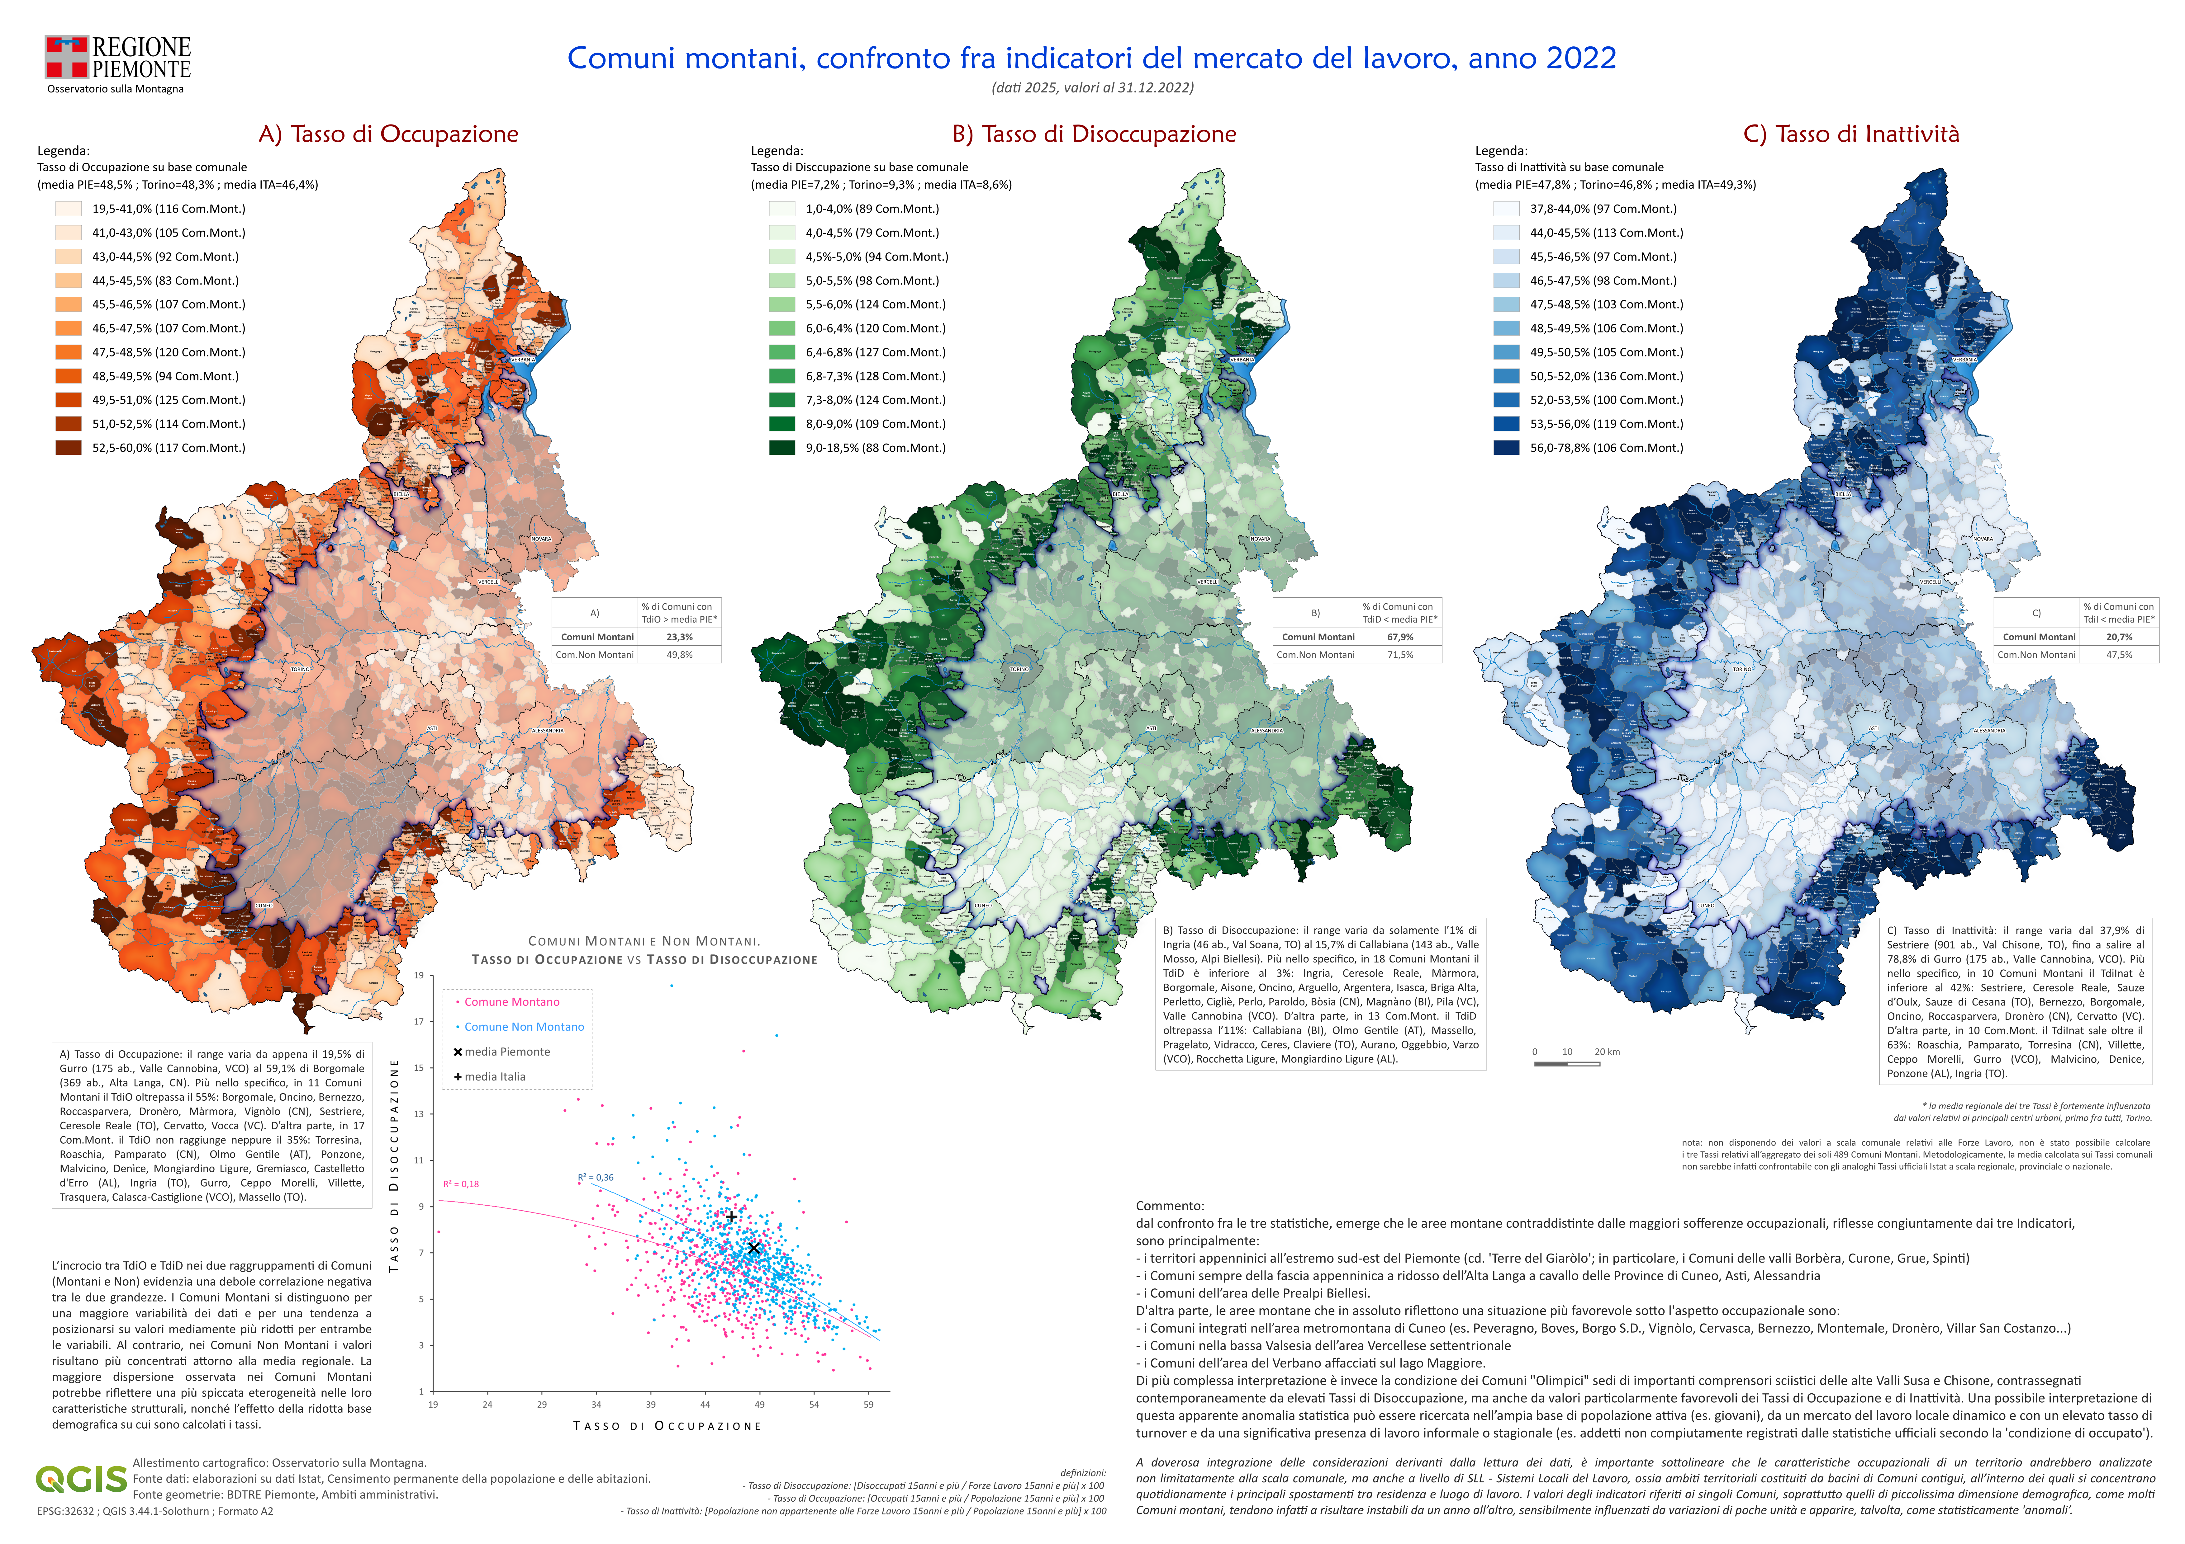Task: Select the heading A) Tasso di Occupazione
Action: coord(388,134)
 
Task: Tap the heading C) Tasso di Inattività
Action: coord(1851,134)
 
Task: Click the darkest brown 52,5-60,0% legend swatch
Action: coord(69,448)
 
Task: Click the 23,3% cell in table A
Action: coord(679,638)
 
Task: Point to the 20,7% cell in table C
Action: coord(2119,638)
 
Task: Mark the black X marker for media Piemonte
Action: coord(754,1248)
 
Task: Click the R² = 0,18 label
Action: coord(461,1184)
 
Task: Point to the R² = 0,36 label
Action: coord(596,1178)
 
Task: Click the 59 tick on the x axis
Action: coord(868,1405)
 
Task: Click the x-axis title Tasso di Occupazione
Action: coord(667,1426)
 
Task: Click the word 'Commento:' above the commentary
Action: coord(1170,1206)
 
